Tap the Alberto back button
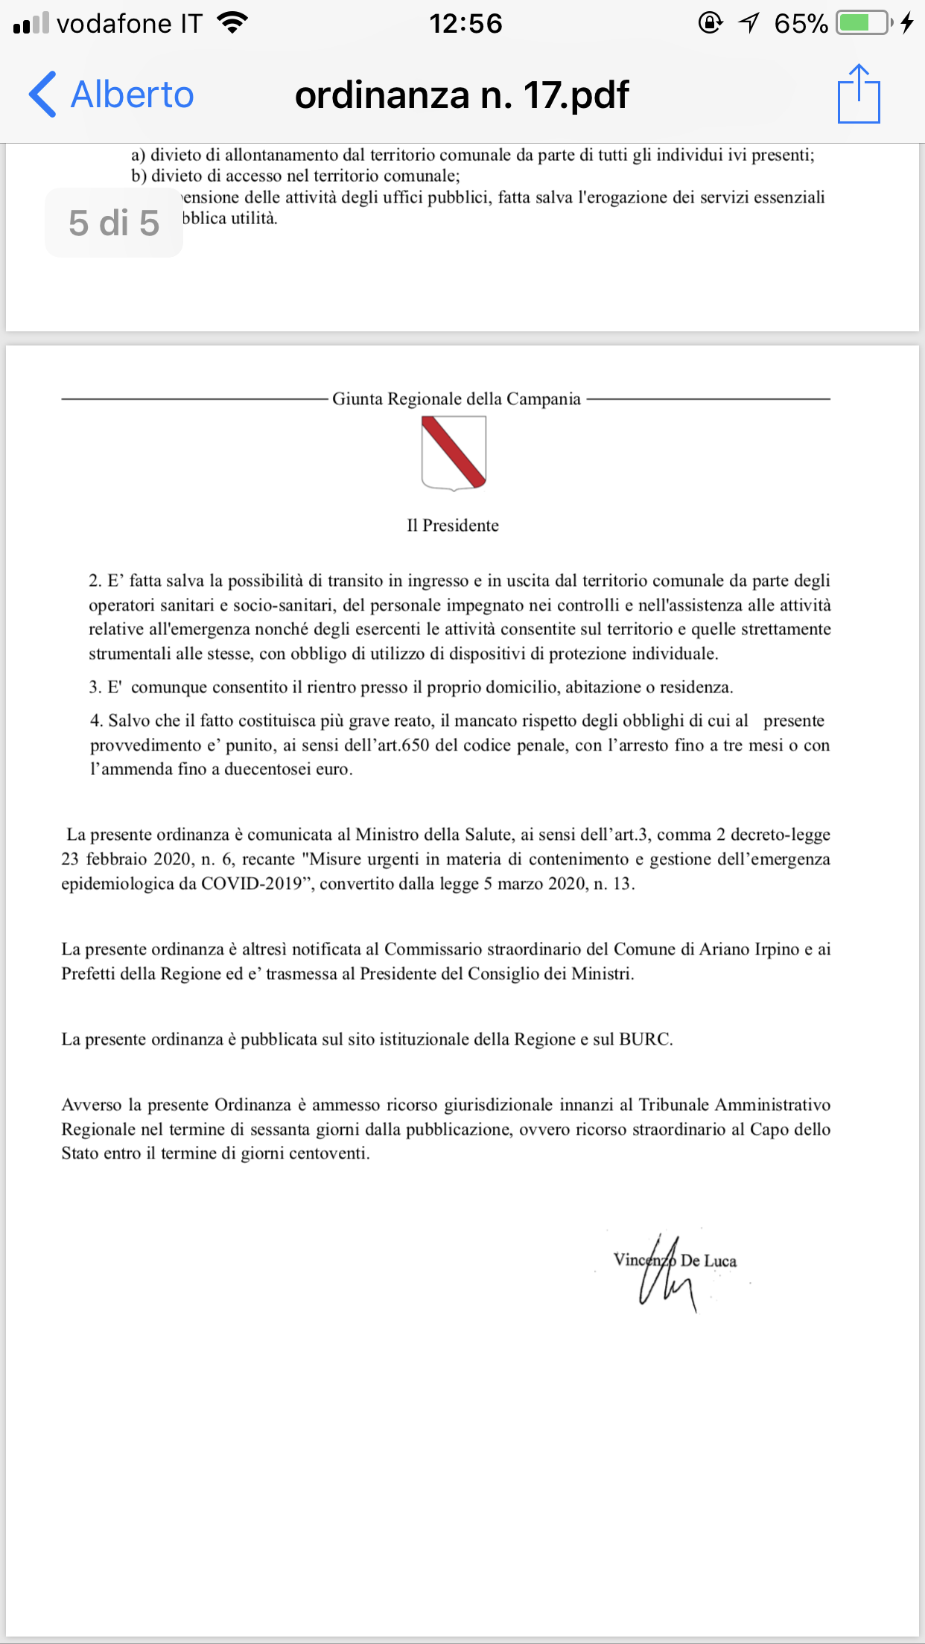[x=112, y=95]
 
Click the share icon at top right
[x=859, y=94]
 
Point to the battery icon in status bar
[x=863, y=23]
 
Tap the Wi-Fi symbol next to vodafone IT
[x=232, y=23]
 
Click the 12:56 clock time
[x=465, y=24]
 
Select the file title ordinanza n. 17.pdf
[x=462, y=95]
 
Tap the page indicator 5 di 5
[x=114, y=223]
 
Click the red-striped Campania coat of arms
[x=454, y=453]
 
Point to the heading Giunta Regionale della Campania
[x=456, y=399]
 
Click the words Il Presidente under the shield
[x=453, y=526]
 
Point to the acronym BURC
[x=645, y=1039]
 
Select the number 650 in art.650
[x=415, y=745]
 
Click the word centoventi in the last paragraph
[x=328, y=1153]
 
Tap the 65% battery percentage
[x=801, y=24]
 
